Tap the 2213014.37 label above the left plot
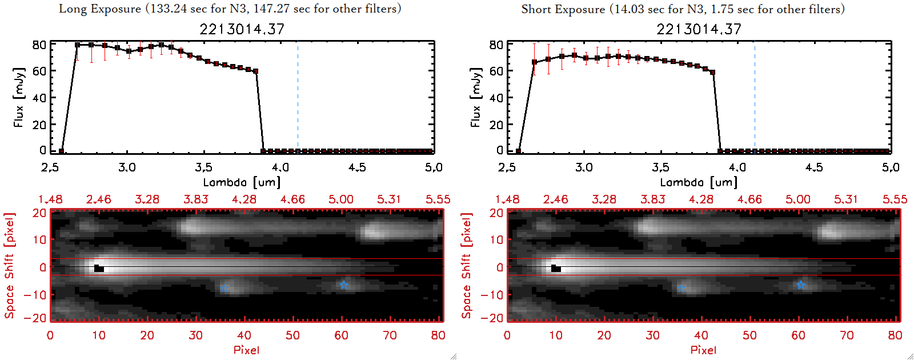242,29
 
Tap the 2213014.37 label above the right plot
699,29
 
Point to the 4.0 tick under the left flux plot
280,167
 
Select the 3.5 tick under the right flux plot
660,167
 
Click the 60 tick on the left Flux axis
39,71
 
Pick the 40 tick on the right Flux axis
496,98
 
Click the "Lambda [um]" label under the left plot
242,182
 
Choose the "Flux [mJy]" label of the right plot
475,97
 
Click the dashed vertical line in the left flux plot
298,97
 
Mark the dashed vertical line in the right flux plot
755,97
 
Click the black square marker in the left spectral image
99,268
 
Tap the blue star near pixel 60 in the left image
343,285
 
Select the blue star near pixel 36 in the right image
681,288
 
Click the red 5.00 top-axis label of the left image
340,199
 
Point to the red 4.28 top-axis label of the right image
701,199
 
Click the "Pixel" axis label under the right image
703,350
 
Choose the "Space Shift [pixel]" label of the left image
9,266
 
